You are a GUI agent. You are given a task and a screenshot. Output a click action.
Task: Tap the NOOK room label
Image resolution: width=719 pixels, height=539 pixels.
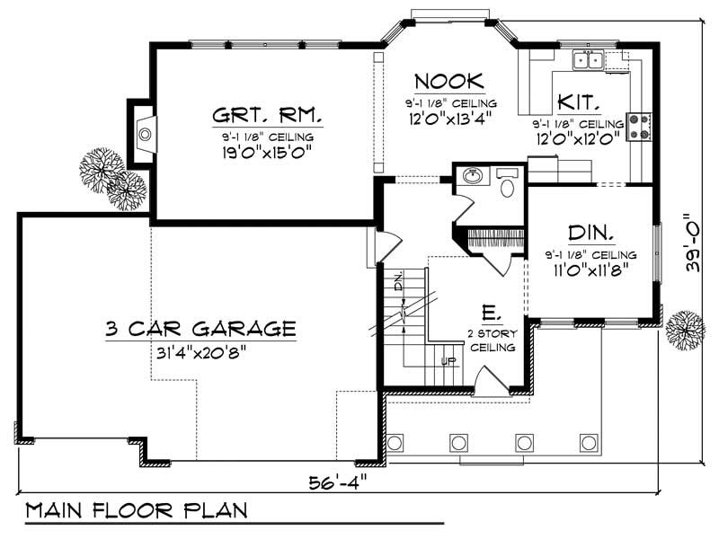click(450, 82)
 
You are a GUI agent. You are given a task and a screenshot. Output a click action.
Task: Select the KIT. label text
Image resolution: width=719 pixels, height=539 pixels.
click(580, 100)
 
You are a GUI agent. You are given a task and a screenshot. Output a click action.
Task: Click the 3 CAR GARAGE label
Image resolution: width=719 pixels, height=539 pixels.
click(200, 327)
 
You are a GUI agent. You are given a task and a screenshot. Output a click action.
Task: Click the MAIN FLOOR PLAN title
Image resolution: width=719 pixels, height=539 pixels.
click(136, 511)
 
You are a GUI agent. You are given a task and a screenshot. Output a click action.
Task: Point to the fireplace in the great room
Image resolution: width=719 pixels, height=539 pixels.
click(143, 135)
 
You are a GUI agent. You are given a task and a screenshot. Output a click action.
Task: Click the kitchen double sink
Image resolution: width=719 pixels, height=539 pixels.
click(589, 60)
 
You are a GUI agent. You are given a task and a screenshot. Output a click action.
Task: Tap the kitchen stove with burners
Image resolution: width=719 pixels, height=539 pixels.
click(640, 126)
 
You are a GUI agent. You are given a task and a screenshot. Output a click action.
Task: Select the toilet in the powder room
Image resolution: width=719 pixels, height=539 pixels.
click(507, 187)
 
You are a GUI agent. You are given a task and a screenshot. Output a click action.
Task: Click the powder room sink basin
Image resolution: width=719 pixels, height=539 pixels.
click(470, 176)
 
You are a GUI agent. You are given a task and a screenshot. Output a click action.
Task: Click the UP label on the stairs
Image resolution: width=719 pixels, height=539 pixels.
click(449, 362)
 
